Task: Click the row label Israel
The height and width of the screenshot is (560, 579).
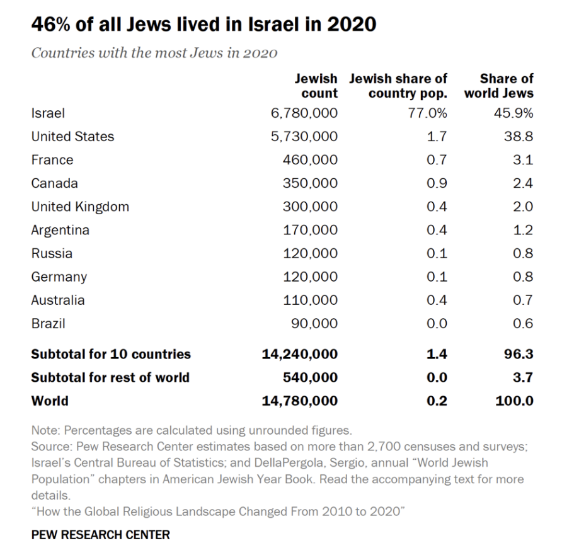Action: click(x=48, y=113)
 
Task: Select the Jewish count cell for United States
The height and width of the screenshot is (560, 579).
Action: click(x=304, y=137)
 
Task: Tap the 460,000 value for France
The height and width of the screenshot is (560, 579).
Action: click(x=310, y=160)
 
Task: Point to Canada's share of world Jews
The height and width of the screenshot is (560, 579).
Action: click(x=523, y=183)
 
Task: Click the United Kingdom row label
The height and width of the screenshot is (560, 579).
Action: click(x=80, y=207)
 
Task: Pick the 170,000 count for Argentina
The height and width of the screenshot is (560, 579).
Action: click(x=310, y=230)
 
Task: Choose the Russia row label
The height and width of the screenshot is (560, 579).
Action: click(x=52, y=253)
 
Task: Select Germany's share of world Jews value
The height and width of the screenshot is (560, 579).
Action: click(x=523, y=277)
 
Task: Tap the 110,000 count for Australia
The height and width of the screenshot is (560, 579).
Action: click(x=310, y=300)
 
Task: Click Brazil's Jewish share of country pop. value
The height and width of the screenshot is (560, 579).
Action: click(x=437, y=324)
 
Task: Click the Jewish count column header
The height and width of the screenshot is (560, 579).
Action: click(x=316, y=86)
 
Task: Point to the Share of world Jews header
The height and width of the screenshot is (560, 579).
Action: click(x=499, y=86)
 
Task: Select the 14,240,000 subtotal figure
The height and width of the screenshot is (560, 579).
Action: click(x=300, y=354)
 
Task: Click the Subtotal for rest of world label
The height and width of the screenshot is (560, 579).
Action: click(x=110, y=377)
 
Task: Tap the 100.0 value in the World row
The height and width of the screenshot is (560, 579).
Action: click(x=514, y=401)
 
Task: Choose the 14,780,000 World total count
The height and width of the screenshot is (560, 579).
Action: click(x=300, y=401)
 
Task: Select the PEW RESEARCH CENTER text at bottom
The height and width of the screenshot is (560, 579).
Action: click(x=100, y=535)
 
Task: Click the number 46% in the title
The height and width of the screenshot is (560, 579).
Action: click(x=50, y=25)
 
